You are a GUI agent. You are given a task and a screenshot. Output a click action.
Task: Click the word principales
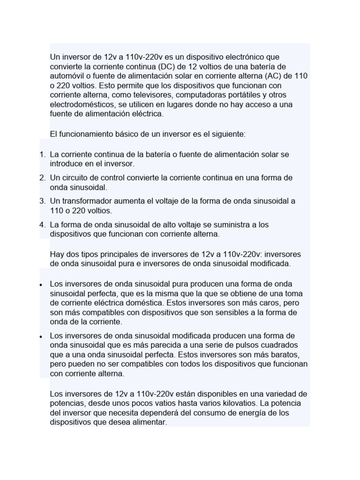pyautogui.click(x=124, y=254)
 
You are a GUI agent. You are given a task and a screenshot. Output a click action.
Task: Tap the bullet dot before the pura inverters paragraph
pyautogui.click(x=41, y=285)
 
